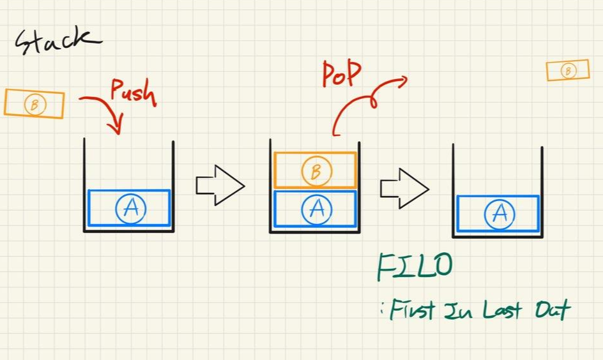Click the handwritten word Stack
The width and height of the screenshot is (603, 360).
(57, 42)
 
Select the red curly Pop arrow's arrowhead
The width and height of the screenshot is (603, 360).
(402, 80)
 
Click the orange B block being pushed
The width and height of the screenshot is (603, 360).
(34, 104)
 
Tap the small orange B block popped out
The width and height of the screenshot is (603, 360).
(567, 71)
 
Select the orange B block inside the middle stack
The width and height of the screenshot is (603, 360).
(315, 170)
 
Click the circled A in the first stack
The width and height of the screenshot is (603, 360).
(131, 208)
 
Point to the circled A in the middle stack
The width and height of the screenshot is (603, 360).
(316, 209)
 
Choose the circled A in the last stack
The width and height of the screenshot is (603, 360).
(500, 214)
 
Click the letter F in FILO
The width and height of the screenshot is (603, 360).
(387, 267)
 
